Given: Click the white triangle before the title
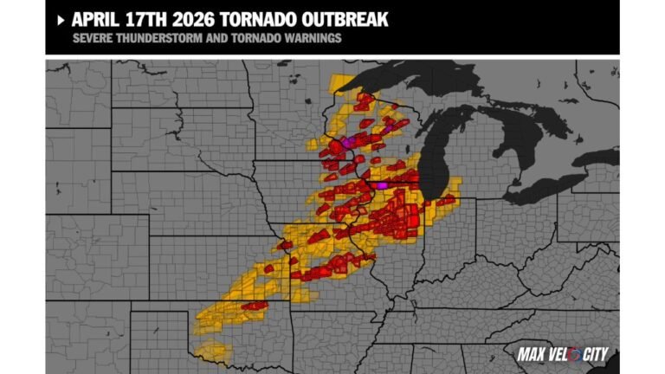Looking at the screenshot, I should pyautogui.click(x=60, y=18).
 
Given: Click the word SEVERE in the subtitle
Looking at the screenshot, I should pyautogui.click(x=91, y=39).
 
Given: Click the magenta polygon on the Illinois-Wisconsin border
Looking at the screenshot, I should pyautogui.click(x=382, y=184).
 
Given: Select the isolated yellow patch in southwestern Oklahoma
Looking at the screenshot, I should pyautogui.click(x=212, y=351).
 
